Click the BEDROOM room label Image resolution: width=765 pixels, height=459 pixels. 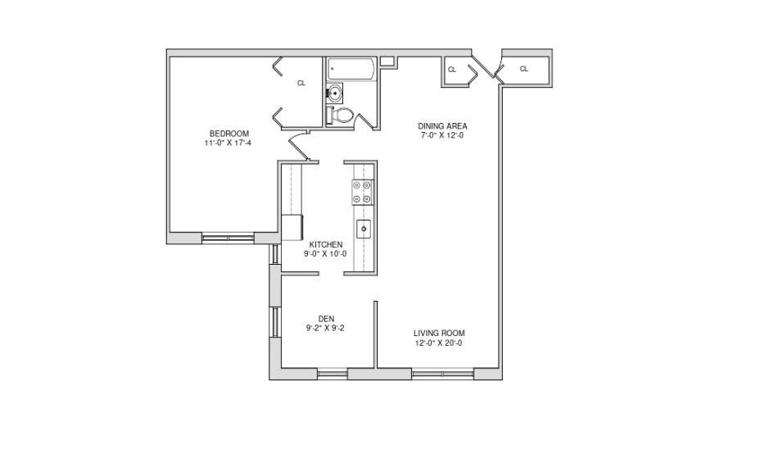pos(229,134)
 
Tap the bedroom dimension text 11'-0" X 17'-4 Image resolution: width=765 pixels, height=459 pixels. pos(228,143)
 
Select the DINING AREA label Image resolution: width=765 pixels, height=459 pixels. pos(442,126)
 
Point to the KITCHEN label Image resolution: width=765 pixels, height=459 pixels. pos(326,244)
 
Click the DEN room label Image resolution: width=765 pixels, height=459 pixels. pos(326,319)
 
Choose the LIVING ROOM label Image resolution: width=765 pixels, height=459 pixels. pos(439,333)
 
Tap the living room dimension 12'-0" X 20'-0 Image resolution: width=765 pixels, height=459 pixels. pos(439,343)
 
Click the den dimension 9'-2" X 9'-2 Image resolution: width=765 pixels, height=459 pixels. pos(325,328)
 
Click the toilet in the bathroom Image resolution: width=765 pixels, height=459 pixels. pos(341,116)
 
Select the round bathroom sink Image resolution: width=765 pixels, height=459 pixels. pos(335,92)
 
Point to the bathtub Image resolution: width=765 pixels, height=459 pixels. pos(351,70)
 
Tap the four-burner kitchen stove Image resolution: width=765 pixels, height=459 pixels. pos(363,192)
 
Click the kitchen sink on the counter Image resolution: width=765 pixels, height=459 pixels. pos(364,229)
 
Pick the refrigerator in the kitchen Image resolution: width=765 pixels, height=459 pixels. pos(292,228)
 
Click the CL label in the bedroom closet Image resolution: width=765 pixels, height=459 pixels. pos(301,83)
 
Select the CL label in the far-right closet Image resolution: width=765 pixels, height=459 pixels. pos(523,69)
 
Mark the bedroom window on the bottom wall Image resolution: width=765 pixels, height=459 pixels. pos(228,239)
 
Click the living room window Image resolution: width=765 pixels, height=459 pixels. pos(443,374)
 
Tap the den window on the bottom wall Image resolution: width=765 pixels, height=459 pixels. pos(333,374)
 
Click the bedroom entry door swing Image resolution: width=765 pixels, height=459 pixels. pos(299,147)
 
